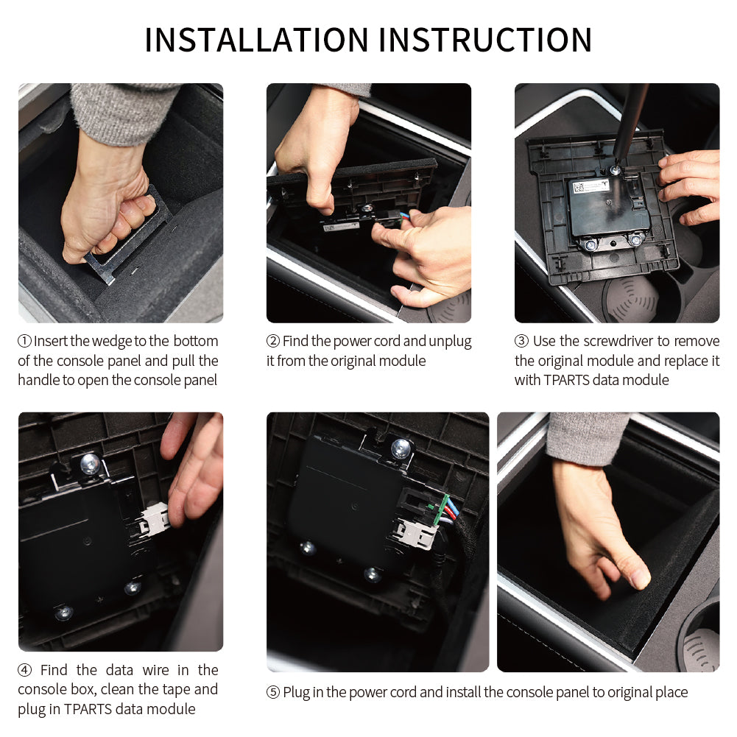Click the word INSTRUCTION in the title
pyautogui.click(x=485, y=40)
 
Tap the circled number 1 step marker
pyautogui.click(x=24, y=341)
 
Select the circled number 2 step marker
pyautogui.click(x=273, y=341)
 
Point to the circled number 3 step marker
pyautogui.click(x=521, y=341)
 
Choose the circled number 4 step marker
pyautogui.click(x=24, y=670)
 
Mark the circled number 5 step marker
pyautogui.click(x=273, y=692)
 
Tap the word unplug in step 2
pyautogui.click(x=450, y=342)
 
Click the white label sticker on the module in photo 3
pyautogui.click(x=591, y=186)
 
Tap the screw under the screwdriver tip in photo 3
pyautogui.click(x=614, y=170)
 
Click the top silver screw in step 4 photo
pyautogui.click(x=90, y=463)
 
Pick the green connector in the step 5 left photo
pyautogui.click(x=441, y=509)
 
